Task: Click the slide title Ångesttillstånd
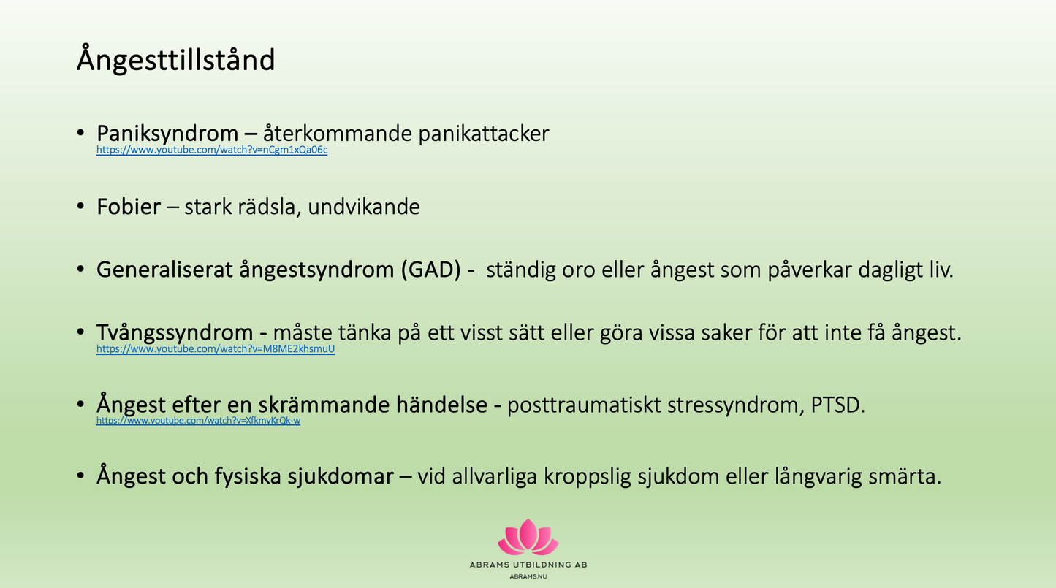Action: pos(175,60)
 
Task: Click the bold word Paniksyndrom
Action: pos(167,134)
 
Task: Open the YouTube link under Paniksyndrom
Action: pos(212,150)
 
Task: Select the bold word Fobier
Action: pos(129,207)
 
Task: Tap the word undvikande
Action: pos(364,207)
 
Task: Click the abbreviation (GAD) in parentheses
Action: pos(431,270)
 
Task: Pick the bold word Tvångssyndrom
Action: pos(175,333)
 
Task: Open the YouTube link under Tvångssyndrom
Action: pos(216,349)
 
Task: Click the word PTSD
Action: pos(837,405)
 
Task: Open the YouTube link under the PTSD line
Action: pos(198,420)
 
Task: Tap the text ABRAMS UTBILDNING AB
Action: pos(528,565)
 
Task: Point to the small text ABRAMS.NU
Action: pos(528,576)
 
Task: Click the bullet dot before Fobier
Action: pos(80,207)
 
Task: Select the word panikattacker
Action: pos(484,134)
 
